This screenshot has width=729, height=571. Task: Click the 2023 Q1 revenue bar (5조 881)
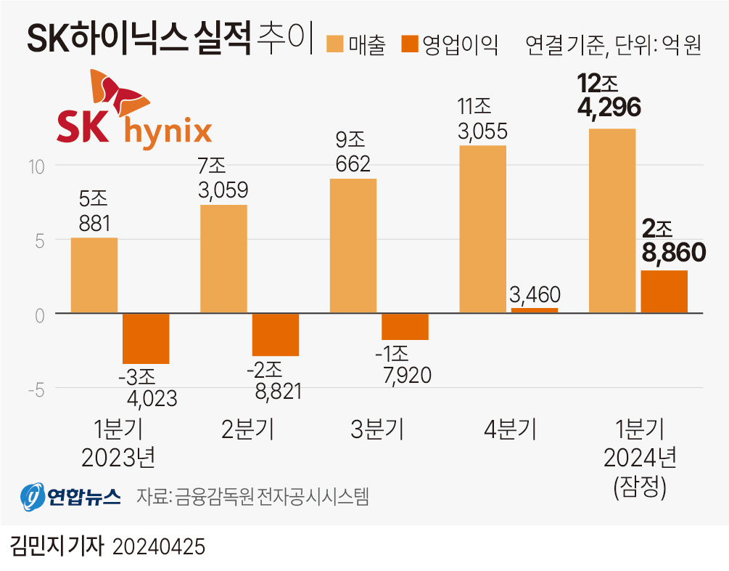pos(94,275)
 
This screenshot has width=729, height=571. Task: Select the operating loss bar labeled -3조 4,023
pos(146,339)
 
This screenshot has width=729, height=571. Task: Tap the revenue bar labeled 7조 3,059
pos(223,259)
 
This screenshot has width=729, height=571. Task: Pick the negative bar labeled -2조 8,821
pos(276,335)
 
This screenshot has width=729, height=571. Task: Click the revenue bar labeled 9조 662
pos(353,246)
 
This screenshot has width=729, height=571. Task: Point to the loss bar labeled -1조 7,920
pos(405,327)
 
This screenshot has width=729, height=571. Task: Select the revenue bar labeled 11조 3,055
pos(482,229)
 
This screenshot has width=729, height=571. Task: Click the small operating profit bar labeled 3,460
pos(535,310)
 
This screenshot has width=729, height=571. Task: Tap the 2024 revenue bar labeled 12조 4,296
pos(612,221)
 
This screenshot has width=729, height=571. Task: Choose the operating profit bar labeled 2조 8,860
pos(664,291)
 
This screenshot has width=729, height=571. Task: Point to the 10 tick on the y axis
pos(37,166)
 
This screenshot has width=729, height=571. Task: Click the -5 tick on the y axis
pos(34,389)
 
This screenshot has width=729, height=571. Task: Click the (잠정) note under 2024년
pos(639,486)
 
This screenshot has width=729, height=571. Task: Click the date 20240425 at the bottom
pos(159,546)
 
